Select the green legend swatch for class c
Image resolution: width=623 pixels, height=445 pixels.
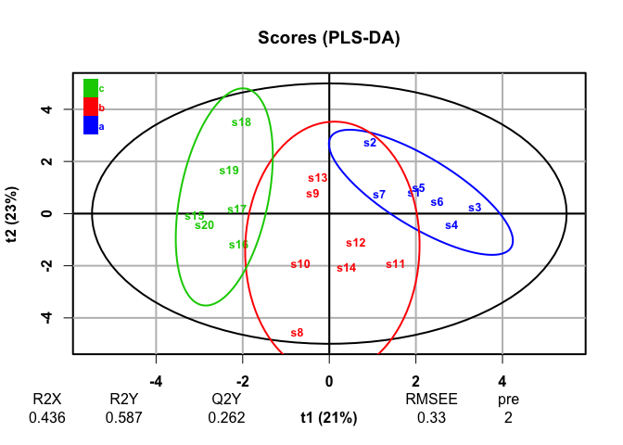coord(91,88)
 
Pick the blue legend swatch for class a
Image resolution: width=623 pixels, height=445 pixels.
coord(91,125)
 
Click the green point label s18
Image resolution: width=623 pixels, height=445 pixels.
coord(241,121)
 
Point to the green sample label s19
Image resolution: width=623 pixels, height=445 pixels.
coord(229,171)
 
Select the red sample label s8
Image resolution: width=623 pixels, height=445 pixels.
coord(297,333)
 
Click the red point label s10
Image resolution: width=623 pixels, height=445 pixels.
coord(300,264)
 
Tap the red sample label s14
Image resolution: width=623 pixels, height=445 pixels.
coord(347,268)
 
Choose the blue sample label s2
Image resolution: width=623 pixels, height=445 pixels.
coord(370,143)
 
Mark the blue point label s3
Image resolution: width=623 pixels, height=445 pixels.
coord(475,208)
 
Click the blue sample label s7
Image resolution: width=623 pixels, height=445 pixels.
coord(379,195)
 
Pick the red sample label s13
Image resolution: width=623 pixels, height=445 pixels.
coord(318,178)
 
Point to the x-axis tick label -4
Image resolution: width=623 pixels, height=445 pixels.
coord(156,380)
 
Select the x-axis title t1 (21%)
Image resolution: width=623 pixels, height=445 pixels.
coord(328,417)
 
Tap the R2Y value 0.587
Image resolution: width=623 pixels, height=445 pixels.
coord(123,417)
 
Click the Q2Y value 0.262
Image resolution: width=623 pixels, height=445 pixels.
coord(227,417)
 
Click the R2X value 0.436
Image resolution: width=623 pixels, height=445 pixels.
coord(46,417)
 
